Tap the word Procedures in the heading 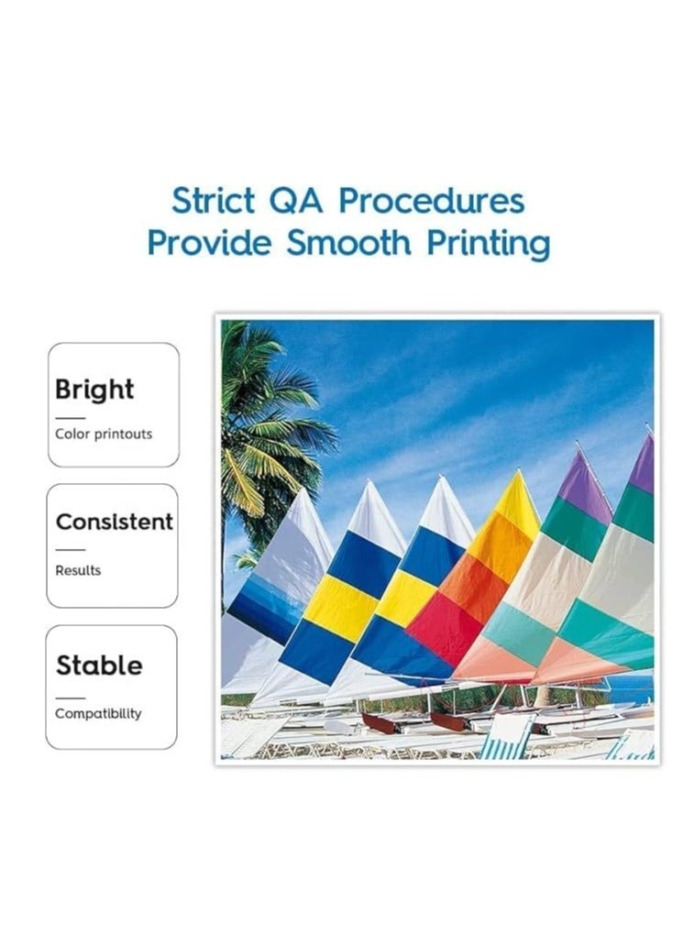pyautogui.click(x=432, y=201)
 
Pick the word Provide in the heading pyautogui.click(x=210, y=244)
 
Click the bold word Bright pyautogui.click(x=94, y=390)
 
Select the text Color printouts pyautogui.click(x=104, y=434)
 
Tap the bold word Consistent pyautogui.click(x=114, y=522)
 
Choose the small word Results pyautogui.click(x=78, y=570)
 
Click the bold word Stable pyautogui.click(x=99, y=665)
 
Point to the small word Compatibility pyautogui.click(x=98, y=713)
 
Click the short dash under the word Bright pyautogui.click(x=70, y=417)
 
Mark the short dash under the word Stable pyautogui.click(x=70, y=698)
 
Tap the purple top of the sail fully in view pyautogui.click(x=582, y=486)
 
